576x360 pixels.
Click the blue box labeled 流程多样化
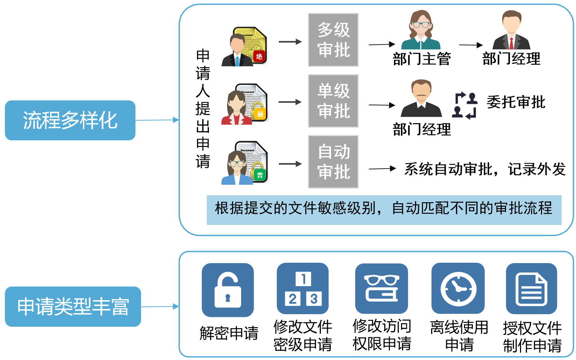[70, 120]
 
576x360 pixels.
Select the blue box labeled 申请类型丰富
[73, 306]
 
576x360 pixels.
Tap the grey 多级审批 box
[333, 40]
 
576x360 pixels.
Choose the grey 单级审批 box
[333, 101]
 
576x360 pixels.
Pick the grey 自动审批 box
[333, 162]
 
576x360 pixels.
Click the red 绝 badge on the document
[259, 56]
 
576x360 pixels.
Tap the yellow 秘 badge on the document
[260, 114]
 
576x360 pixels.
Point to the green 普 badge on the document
[260, 175]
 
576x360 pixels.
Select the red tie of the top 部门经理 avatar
[511, 43]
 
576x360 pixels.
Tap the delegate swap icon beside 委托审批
[465, 105]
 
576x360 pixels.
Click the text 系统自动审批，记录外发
[485, 169]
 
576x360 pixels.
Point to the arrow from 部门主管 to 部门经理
[470, 45]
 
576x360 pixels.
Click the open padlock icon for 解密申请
[228, 290]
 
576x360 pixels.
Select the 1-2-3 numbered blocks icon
[303, 289]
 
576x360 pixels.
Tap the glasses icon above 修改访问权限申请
[381, 288]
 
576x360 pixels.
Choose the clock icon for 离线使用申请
[458, 289]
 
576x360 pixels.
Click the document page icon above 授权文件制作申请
[531, 289]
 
